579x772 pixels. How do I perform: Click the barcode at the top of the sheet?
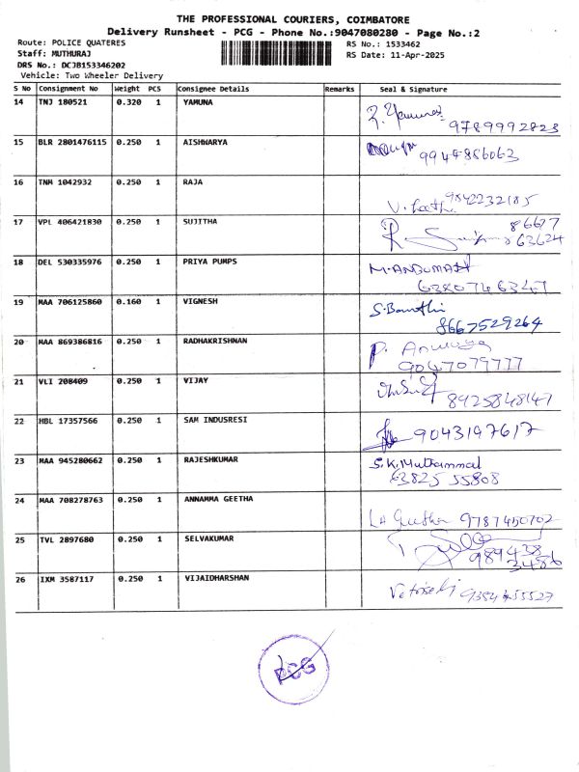pos(281,51)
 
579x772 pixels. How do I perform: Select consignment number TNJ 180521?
pos(63,102)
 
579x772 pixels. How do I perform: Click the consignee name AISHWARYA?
pos(206,142)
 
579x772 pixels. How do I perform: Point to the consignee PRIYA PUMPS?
pos(210,262)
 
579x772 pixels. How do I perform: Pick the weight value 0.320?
pos(128,102)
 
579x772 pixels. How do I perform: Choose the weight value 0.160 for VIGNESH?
pos(128,302)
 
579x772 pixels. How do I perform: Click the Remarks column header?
pos(340,89)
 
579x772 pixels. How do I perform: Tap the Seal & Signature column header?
pos(413,89)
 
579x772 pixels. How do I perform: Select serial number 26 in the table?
pos(19,579)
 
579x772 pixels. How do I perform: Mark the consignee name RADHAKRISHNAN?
pos(215,342)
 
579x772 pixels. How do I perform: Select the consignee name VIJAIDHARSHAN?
pos(216,578)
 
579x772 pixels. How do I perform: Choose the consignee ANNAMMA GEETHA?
pos(218,499)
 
